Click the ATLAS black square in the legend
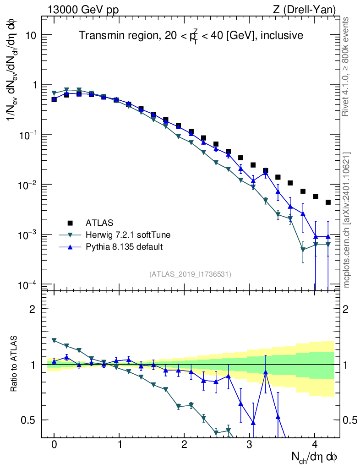pos(70,223)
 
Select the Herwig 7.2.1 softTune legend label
pos(128,235)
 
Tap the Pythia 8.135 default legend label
pos(124,247)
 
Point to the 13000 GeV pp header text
pos(83,10)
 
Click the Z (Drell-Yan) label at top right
pos(304,10)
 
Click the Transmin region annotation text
pos(191,35)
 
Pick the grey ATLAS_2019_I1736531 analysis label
pos(190,274)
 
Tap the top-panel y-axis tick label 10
pos(31,35)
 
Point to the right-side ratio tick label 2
pos(345,309)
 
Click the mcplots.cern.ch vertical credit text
pos(347,220)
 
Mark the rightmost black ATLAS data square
pos(328,202)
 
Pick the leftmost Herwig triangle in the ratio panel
pos(54,340)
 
